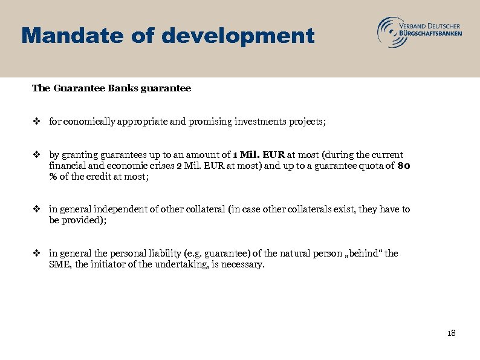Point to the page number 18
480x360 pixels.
[450, 333]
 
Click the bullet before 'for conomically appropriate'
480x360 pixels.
[37, 122]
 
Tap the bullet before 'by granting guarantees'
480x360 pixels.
[37, 155]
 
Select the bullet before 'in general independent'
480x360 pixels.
[37, 209]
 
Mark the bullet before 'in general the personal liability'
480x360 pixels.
[37, 254]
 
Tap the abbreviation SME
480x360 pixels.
[59, 264]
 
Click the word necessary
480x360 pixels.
[243, 264]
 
